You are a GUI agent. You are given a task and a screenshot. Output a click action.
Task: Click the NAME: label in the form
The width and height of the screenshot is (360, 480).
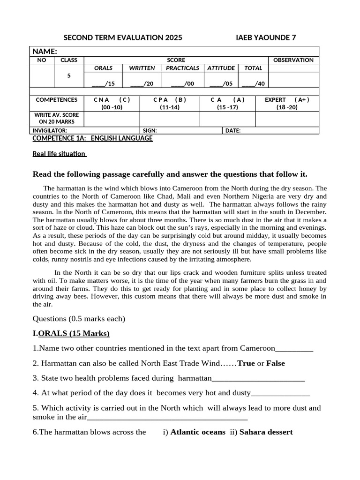[45, 51]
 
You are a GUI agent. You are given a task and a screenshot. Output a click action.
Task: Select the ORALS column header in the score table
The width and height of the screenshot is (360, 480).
[103, 68]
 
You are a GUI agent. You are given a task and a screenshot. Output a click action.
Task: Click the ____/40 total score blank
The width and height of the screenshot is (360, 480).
[253, 83]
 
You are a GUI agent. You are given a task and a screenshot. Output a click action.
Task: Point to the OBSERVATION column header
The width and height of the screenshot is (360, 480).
[293, 60]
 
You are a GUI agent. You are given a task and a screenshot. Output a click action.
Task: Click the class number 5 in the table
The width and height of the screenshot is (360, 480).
[69, 75]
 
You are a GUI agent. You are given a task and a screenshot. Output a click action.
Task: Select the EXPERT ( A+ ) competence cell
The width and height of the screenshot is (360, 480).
[287, 99]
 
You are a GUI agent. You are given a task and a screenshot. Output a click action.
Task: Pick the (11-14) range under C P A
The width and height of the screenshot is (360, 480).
[170, 107]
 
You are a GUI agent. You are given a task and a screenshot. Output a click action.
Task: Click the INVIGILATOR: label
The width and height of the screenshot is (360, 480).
[50, 130]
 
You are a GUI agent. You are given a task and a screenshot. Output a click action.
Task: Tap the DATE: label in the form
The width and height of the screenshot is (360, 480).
[233, 130]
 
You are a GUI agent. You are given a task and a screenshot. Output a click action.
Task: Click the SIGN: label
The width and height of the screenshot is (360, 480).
[150, 130]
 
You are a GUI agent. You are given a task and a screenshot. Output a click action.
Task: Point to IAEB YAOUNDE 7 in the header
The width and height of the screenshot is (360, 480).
[265, 37]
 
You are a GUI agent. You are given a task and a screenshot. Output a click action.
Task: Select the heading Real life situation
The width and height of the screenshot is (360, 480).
[59, 154]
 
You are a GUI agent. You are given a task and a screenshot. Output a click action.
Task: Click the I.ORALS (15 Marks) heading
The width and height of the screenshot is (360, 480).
[71, 333]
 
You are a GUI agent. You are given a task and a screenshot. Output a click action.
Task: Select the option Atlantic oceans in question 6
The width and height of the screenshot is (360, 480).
[197, 432]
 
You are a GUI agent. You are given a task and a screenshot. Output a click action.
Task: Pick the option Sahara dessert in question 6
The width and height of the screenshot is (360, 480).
[266, 432]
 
